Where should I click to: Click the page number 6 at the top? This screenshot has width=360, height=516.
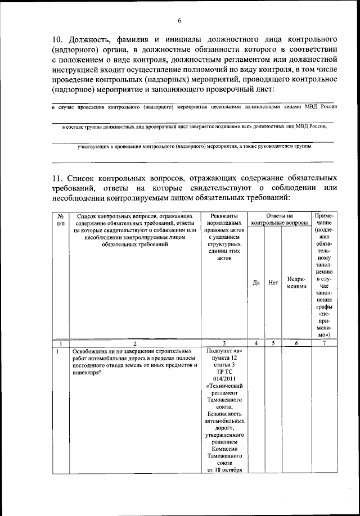pyautogui.click(x=179, y=21)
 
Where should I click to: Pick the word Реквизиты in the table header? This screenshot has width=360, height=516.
pyautogui.click(x=224, y=215)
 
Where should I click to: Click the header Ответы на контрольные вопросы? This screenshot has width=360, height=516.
pyautogui.click(x=280, y=219)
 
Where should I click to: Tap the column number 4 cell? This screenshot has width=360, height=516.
pyautogui.click(x=256, y=343)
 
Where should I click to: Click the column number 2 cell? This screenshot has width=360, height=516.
pyautogui.click(x=134, y=343)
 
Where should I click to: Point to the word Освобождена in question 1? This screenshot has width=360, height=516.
pyautogui.click(x=89, y=351)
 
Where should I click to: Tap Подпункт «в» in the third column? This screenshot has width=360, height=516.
pyautogui.click(x=224, y=351)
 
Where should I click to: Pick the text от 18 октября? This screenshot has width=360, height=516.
pyautogui.click(x=224, y=470)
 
